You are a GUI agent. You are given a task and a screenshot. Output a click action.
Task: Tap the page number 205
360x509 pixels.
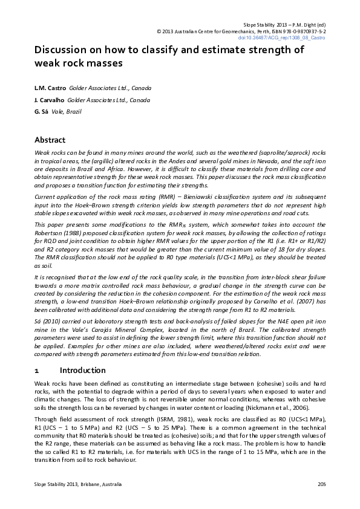322,484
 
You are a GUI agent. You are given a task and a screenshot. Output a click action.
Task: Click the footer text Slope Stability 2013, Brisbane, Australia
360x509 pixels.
78,484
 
